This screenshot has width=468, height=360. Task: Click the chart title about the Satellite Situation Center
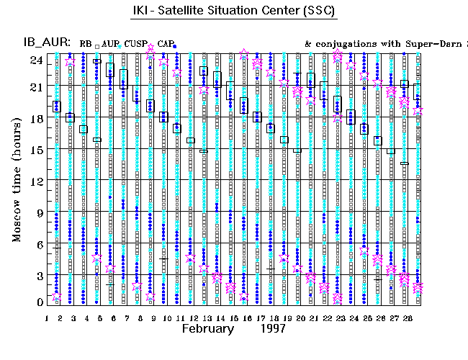point(234,12)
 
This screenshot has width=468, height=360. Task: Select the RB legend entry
point(86,44)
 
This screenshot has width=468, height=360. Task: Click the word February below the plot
point(207,328)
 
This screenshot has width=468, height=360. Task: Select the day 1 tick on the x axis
point(47,317)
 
